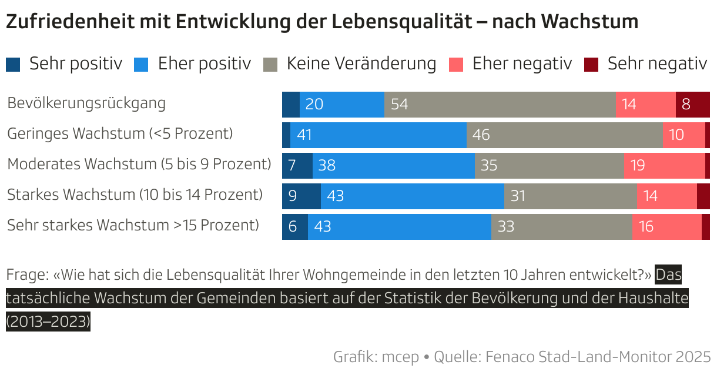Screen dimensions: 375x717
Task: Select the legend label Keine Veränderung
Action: [x=361, y=63]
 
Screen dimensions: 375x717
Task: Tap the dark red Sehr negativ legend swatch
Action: [x=592, y=64]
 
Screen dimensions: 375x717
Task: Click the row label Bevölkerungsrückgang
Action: [x=86, y=103]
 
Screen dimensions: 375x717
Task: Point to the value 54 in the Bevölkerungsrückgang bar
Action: [x=399, y=105]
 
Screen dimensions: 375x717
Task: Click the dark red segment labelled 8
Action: [x=692, y=105]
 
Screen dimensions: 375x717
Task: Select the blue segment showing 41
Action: [x=378, y=135]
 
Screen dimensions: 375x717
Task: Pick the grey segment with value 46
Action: [x=564, y=135]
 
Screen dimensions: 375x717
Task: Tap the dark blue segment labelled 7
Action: [x=297, y=166]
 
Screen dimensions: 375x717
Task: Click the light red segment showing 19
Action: [x=664, y=166]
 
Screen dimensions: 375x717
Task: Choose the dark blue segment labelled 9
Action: [x=301, y=196]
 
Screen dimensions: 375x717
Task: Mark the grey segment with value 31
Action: [x=570, y=196]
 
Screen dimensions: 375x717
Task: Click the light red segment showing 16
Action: [x=666, y=227]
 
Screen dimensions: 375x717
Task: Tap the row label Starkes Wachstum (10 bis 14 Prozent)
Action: [x=135, y=195]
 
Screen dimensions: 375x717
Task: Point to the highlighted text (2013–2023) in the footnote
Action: [x=48, y=322]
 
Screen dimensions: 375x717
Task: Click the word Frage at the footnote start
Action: [x=26, y=274]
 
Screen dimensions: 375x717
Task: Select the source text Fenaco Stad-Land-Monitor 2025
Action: [x=598, y=356]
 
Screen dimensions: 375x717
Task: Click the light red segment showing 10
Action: [x=683, y=135]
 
